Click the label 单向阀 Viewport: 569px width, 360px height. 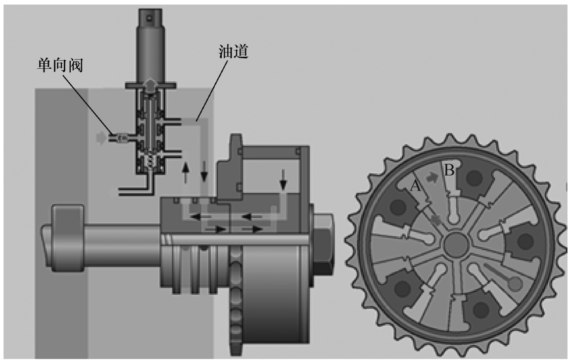tap(60, 65)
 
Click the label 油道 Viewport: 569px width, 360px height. tap(233, 51)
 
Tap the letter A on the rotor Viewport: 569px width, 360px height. tap(415, 186)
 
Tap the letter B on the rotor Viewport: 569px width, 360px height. tap(449, 170)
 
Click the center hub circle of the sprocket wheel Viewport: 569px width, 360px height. tap(456, 244)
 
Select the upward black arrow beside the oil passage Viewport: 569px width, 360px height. tap(186, 172)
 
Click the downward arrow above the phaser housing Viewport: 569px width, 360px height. tap(283, 179)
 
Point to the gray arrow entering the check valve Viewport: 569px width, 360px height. tap(101, 138)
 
